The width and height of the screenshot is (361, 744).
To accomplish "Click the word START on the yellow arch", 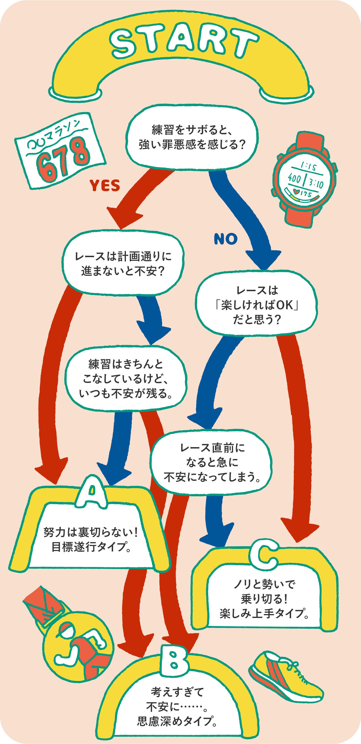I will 184,40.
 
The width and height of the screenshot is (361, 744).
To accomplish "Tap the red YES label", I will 105,185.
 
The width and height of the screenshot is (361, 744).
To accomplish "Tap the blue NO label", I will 226,239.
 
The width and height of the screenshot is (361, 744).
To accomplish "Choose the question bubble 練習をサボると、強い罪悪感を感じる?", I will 192,137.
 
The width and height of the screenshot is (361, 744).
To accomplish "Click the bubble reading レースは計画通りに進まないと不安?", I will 123,263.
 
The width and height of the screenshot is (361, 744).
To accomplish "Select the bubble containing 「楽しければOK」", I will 257,305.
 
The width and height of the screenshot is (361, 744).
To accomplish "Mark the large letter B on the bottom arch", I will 174,661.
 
